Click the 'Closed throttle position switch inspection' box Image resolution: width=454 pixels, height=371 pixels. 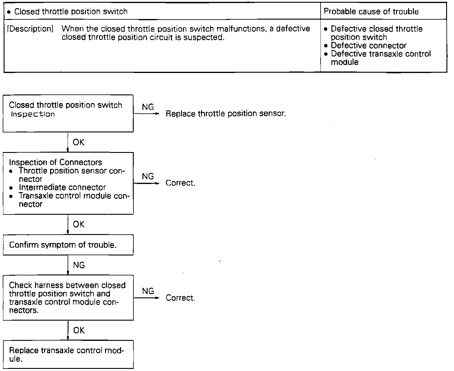click(68, 113)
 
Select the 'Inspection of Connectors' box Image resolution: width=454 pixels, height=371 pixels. click(68, 183)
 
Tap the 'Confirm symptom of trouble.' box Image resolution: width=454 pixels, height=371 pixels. click(68, 245)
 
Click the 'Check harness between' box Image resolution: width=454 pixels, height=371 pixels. click(68, 298)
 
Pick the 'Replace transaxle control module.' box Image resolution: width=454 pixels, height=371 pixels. click(68, 355)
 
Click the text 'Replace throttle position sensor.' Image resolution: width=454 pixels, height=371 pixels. click(225, 114)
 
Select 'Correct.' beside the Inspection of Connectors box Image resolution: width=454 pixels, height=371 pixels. click(181, 183)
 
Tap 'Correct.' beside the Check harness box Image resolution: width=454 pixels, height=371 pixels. click(181, 298)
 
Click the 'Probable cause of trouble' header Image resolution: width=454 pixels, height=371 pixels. click(371, 12)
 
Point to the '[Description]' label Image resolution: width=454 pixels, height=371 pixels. click(30, 29)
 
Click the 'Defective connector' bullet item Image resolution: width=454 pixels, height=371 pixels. click(368, 46)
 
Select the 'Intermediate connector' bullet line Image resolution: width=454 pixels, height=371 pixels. click(62, 187)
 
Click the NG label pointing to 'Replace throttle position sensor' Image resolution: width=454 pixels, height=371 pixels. click(148, 107)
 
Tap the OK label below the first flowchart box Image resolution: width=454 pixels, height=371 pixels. click(79, 142)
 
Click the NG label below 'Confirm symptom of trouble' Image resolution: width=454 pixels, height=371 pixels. click(79, 265)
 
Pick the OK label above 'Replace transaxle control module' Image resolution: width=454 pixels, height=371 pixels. click(79, 330)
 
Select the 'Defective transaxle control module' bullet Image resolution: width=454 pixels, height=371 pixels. click(380, 58)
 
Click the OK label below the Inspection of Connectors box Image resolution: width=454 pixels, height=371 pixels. click(79, 224)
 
